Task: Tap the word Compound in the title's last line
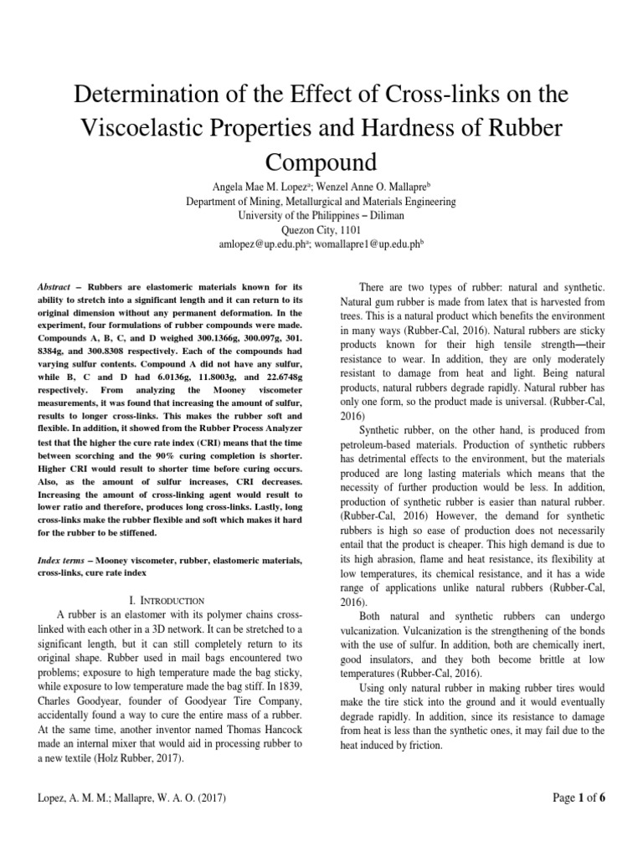(321, 161)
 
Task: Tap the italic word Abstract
(54, 287)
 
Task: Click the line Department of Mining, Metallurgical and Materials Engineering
(321, 202)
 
